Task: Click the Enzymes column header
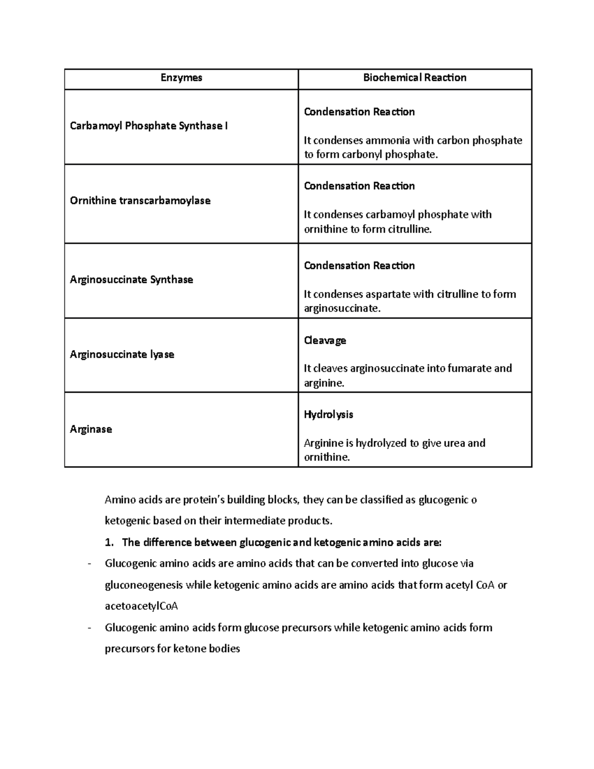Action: click(181, 78)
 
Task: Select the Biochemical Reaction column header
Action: click(414, 78)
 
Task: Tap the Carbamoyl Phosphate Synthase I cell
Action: click(148, 126)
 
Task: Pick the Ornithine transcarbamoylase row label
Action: click(140, 201)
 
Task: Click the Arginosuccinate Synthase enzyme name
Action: click(131, 280)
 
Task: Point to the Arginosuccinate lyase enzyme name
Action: click(122, 355)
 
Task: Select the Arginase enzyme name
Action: click(91, 429)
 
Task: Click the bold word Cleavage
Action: click(325, 341)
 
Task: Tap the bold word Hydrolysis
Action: click(328, 414)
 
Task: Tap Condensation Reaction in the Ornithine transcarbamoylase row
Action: click(359, 186)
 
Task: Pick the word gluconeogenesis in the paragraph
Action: click(144, 585)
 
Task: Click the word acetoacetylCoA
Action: click(141, 607)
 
